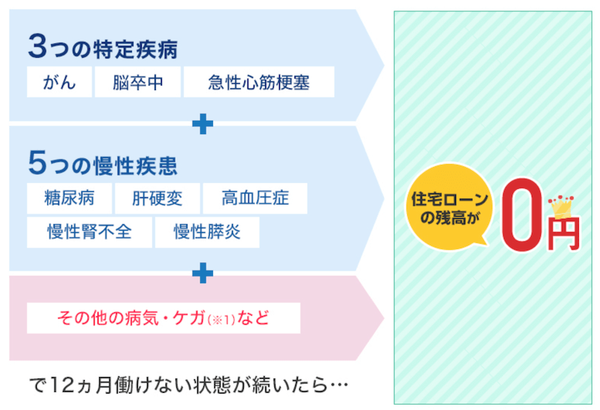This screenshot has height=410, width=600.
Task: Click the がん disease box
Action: tap(59, 82)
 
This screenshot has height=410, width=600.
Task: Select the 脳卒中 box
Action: tap(138, 82)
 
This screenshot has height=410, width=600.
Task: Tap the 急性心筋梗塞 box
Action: tap(259, 82)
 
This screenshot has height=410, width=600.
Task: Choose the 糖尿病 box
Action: tap(69, 198)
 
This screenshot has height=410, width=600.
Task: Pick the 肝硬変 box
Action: tap(157, 198)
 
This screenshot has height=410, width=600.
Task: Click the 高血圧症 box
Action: tap(255, 198)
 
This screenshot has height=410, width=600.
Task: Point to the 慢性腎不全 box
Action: tap(89, 232)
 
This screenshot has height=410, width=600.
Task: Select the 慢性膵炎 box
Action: tap(207, 232)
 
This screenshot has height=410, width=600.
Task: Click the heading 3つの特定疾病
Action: tap(103, 47)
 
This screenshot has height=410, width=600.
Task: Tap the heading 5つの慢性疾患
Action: tap(103, 163)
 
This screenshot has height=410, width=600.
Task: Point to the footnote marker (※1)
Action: tap(221, 319)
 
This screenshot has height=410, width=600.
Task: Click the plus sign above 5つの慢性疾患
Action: tap(202, 124)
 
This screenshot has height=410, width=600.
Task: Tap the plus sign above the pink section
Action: tap(202, 273)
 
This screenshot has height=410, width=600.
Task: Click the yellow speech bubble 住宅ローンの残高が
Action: tap(449, 208)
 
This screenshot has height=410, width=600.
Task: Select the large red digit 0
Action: tap(521, 214)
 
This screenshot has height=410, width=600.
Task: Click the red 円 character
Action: tap(564, 234)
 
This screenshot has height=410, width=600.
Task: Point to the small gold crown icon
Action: tap(561, 207)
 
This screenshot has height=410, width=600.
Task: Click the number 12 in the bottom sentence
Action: tap(61, 385)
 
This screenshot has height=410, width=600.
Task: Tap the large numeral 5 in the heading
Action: tap(37, 163)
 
